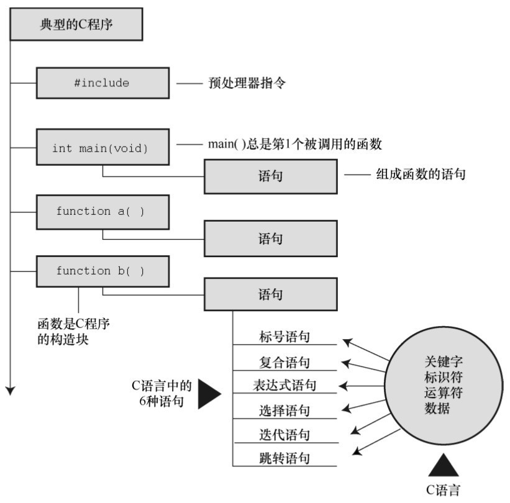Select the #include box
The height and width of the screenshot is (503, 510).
pos(102,83)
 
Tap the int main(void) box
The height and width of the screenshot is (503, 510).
pos(102,148)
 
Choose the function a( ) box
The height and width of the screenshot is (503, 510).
pos(102,211)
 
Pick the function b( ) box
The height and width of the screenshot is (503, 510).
pos(102,271)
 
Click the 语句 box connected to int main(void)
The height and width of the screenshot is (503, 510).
pos(271,176)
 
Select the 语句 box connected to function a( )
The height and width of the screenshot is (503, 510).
pos(271,238)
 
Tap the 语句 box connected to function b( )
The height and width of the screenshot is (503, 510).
pos(271,294)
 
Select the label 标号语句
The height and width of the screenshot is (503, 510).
pos(285,337)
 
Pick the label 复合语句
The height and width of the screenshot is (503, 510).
pos(285,362)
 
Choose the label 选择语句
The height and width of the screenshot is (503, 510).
pos(285,410)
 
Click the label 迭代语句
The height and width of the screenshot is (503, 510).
pos(285,435)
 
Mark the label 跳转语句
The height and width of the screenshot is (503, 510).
pos(285,459)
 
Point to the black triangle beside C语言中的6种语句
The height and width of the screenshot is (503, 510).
pos(209,394)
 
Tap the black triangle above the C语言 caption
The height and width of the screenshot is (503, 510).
pos(443,465)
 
